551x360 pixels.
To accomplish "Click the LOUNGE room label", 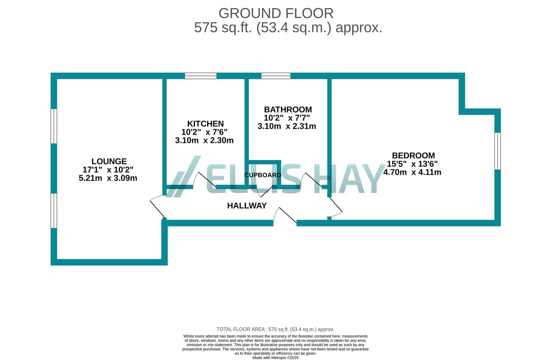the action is [x=109, y=161].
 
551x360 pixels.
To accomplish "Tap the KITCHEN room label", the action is [x=206, y=124].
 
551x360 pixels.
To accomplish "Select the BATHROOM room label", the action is [x=288, y=110].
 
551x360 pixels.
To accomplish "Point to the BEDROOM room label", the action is [x=413, y=156].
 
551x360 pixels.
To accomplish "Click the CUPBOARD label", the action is [x=263, y=175].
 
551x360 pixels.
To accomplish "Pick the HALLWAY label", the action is [x=247, y=206].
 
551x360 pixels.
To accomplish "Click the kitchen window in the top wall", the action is [x=201, y=76].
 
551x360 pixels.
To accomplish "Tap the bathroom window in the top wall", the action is [x=276, y=76].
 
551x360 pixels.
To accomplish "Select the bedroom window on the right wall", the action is [x=498, y=151].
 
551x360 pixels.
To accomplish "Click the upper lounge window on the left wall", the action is [x=54, y=126].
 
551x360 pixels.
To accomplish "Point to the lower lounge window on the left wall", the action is [x=54, y=211].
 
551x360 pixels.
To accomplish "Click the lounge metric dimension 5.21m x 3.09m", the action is [x=108, y=178].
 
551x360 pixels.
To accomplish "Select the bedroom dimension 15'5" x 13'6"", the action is [x=412, y=164].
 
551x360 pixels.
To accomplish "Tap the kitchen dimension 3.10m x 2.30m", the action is [x=205, y=141].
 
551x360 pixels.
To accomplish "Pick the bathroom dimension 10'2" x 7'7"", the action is [x=287, y=118].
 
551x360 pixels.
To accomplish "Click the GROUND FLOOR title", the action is [x=276, y=13].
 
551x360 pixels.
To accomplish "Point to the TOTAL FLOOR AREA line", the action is [x=275, y=329].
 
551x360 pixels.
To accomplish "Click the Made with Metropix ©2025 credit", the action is [x=275, y=358].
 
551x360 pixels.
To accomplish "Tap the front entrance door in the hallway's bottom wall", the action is [x=285, y=217].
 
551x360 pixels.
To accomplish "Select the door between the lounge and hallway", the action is [x=158, y=206].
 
